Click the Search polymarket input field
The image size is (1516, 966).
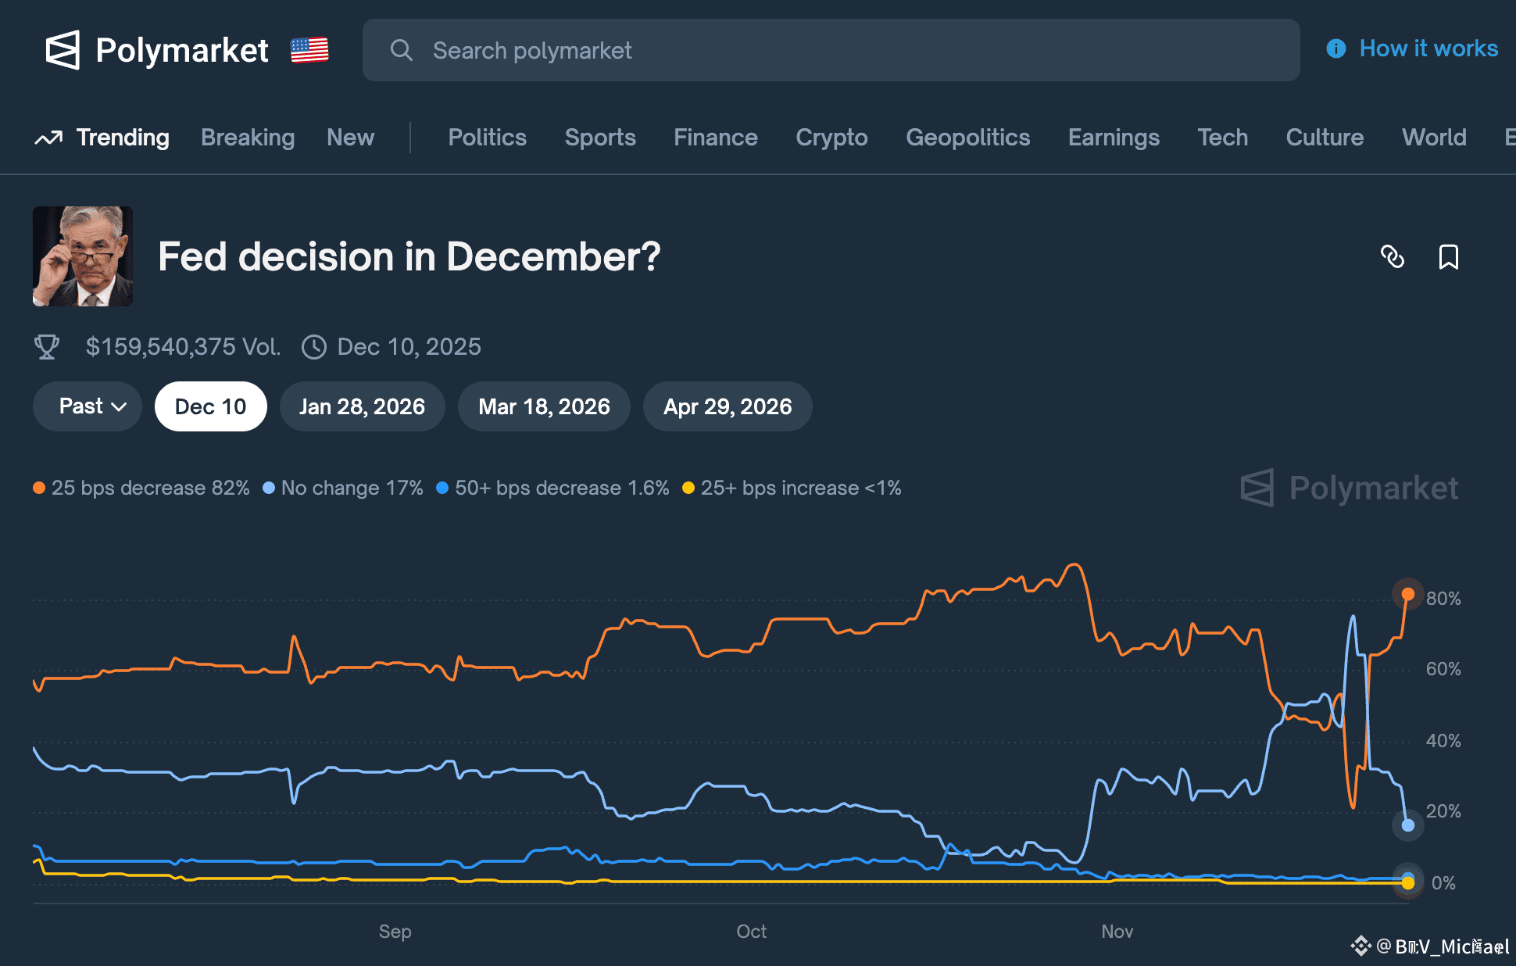pyautogui.click(x=830, y=51)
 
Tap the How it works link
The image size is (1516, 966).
pyautogui.click(x=1428, y=48)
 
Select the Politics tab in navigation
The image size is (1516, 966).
pyautogui.click(x=487, y=138)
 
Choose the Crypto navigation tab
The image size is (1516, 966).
pyautogui.click(x=831, y=138)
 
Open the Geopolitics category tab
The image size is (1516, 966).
pyautogui.click(x=967, y=138)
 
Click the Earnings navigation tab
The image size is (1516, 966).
pyautogui.click(x=1114, y=138)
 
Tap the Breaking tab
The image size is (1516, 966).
pyautogui.click(x=248, y=138)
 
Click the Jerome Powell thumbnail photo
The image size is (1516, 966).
pyautogui.click(x=83, y=256)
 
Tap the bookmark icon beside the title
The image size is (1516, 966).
pyautogui.click(x=1448, y=256)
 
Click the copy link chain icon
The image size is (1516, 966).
pyautogui.click(x=1393, y=256)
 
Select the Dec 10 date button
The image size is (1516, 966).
pyautogui.click(x=210, y=406)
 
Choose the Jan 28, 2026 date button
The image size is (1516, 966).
pyautogui.click(x=362, y=406)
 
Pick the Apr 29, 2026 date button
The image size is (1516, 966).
pyautogui.click(x=727, y=406)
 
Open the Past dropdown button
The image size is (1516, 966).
pyautogui.click(x=88, y=406)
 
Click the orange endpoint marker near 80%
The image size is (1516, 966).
pyautogui.click(x=1408, y=594)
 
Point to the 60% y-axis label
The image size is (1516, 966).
pyautogui.click(x=1443, y=669)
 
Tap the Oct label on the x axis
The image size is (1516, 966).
pyautogui.click(x=751, y=932)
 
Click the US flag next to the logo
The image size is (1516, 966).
pyautogui.click(x=309, y=51)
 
